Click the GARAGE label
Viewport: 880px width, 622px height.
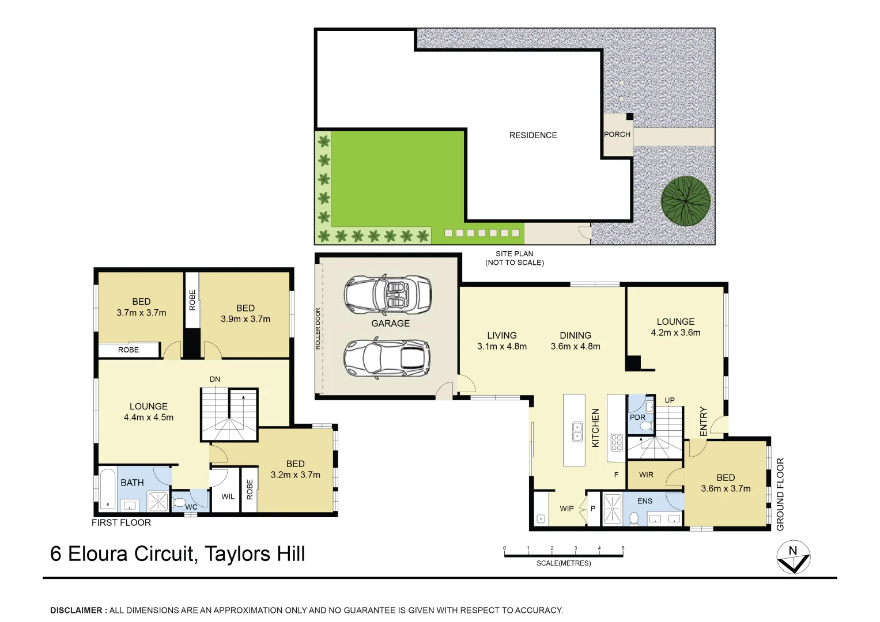pyautogui.click(x=390, y=324)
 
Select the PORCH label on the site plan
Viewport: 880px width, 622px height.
pyautogui.click(x=617, y=134)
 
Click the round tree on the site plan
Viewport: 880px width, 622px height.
pyautogui.click(x=685, y=200)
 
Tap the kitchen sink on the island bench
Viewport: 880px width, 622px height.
pyautogui.click(x=577, y=431)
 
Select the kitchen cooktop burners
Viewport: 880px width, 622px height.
pyautogui.click(x=617, y=442)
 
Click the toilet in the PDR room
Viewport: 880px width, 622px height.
pyautogui.click(x=646, y=426)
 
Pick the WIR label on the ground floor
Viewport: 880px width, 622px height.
pyautogui.click(x=646, y=475)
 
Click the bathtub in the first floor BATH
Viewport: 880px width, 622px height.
pyautogui.click(x=108, y=489)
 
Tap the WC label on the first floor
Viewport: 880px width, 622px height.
pyautogui.click(x=191, y=507)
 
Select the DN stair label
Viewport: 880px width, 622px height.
pyautogui.click(x=215, y=379)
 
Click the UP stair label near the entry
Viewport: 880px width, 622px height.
pyautogui.click(x=670, y=400)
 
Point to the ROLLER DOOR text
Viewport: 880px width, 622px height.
pyautogui.click(x=318, y=329)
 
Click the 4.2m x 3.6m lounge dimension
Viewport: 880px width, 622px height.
pyautogui.click(x=675, y=333)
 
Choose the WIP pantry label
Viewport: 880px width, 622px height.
pyautogui.click(x=566, y=509)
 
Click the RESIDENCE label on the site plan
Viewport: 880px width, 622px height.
pyautogui.click(x=533, y=135)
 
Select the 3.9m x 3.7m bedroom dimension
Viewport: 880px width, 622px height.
pyautogui.click(x=246, y=319)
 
